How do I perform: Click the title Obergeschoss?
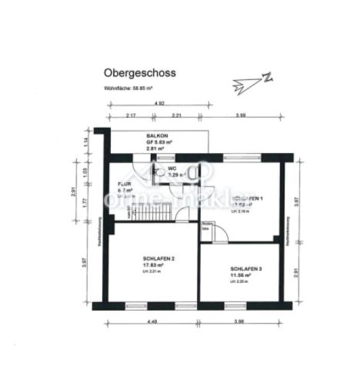coord(139,73)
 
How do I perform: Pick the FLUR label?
coord(124,185)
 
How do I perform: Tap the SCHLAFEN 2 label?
coord(158,258)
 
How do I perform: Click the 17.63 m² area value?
coord(155,264)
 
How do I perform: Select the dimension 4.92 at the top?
coord(160,103)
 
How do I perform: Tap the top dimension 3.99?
coord(240,115)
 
